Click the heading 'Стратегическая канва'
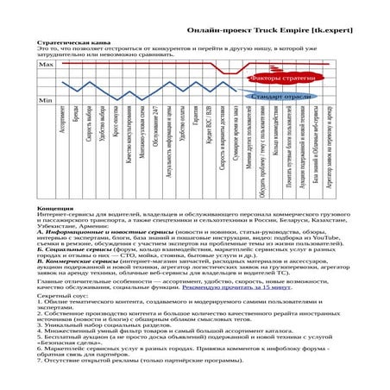click(69, 41)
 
